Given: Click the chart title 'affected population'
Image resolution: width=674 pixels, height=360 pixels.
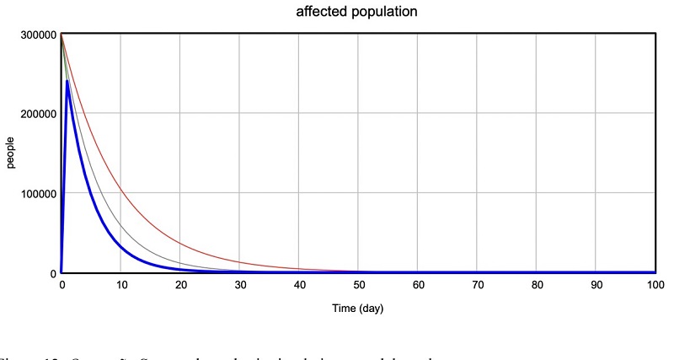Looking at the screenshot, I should [x=356, y=13].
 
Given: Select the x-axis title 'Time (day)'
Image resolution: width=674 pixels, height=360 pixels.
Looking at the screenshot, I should [x=357, y=309].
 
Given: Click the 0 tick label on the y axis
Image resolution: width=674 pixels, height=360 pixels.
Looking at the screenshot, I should [x=52, y=273].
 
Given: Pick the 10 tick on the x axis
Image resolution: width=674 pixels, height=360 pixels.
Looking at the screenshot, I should [x=120, y=285].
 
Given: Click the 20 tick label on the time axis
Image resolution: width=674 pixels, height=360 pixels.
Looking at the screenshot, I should [x=180, y=285].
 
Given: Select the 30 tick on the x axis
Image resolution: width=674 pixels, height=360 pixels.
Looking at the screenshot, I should [x=239, y=285].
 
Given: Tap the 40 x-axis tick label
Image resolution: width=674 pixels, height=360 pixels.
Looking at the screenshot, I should [x=299, y=285].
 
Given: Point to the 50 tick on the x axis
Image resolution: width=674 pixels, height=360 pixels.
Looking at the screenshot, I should [x=358, y=285].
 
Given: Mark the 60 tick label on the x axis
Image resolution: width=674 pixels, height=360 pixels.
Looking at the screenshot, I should [x=418, y=285].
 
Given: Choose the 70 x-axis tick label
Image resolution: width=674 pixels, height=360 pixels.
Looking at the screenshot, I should [x=477, y=285].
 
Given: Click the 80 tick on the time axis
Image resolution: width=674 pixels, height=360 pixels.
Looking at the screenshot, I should [x=537, y=285].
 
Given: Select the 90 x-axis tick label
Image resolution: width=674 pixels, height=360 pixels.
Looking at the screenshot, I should [x=596, y=285].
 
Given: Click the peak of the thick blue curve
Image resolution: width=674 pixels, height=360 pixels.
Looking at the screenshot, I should [x=67, y=82].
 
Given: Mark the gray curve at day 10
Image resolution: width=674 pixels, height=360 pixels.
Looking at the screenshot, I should [x=120, y=224].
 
